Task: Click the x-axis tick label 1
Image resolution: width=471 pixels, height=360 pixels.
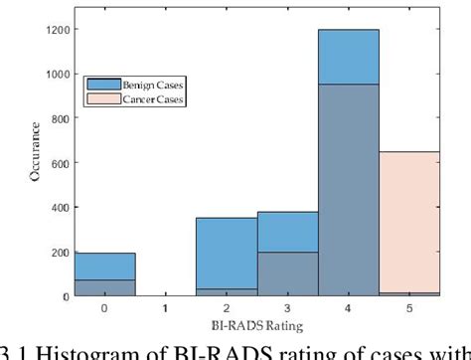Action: pyautogui.click(x=165, y=309)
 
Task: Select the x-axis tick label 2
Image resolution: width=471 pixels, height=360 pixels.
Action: pyautogui.click(x=227, y=309)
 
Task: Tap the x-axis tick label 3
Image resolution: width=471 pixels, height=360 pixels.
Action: pyautogui.click(x=287, y=309)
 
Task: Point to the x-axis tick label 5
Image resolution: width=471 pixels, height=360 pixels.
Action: pyautogui.click(x=409, y=309)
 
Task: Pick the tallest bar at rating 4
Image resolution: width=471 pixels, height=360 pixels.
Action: pyautogui.click(x=348, y=159)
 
